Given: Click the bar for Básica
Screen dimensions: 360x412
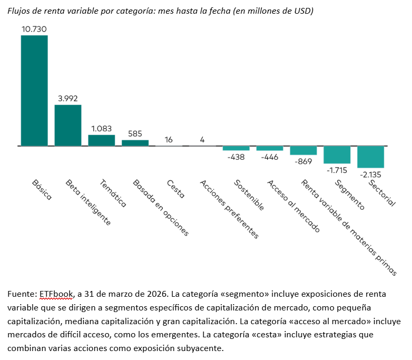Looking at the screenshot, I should click(34, 90).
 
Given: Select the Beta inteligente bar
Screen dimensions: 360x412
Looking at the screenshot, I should click(68, 125).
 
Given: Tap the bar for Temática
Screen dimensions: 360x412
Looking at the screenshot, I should click(101, 140).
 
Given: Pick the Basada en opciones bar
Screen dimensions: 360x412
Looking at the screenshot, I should click(135, 142).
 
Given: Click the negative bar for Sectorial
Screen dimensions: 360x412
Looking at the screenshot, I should click(370, 157).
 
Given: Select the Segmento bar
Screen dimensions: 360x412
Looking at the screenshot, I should click(337, 154).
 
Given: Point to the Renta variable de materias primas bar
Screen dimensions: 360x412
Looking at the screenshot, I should click(303, 150).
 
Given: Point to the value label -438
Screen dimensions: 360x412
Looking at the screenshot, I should click(236, 157).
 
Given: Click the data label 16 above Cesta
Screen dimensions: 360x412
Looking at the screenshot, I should click(169, 139).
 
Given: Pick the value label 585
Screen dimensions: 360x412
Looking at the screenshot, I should click(135, 134).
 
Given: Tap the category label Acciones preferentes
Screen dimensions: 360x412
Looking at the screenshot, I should click(229, 209).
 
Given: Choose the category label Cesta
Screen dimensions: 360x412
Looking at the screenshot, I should click(175, 189).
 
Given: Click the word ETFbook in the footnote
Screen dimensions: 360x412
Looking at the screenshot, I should click(54, 294).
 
